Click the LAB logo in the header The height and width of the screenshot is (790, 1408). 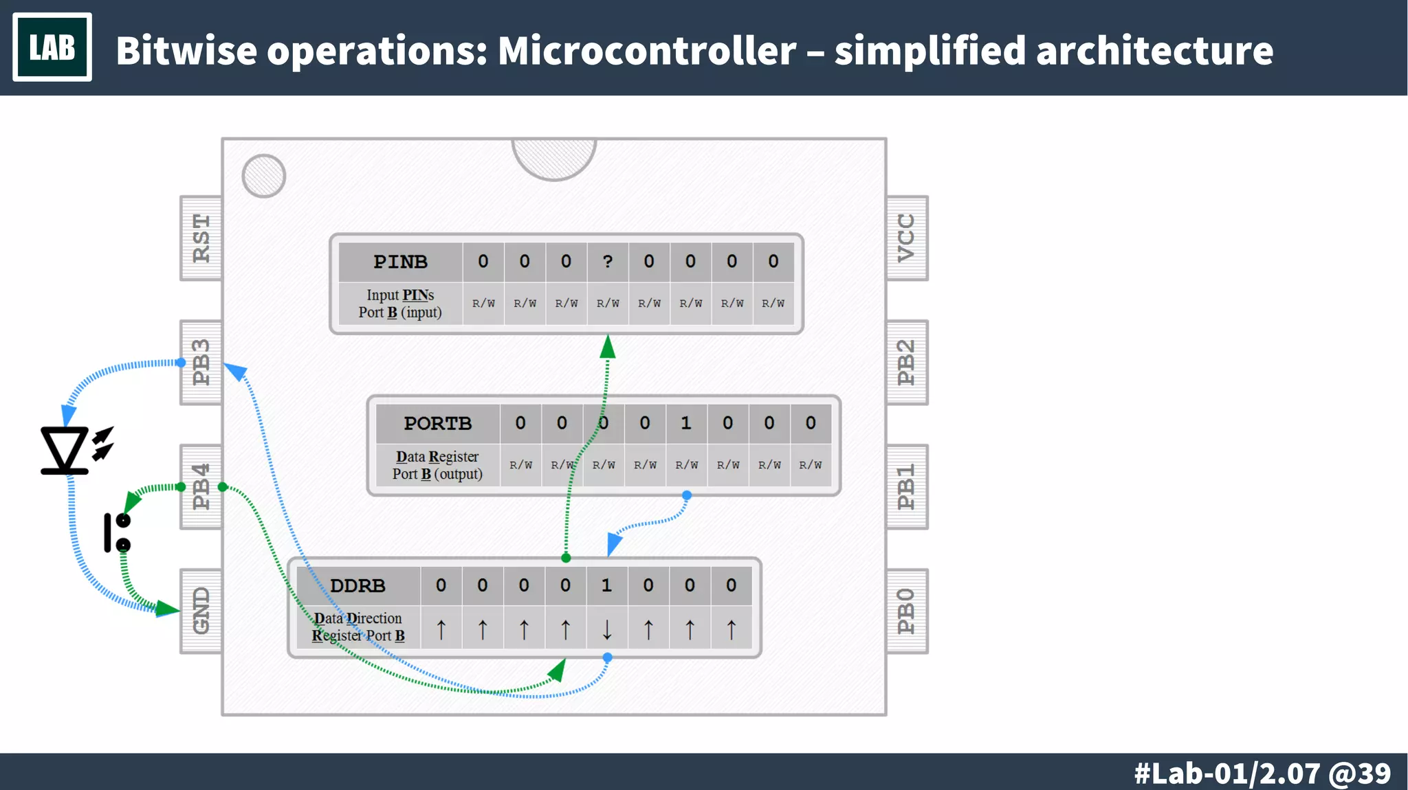52,47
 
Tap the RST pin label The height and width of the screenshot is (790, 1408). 201,238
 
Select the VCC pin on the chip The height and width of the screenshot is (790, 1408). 907,238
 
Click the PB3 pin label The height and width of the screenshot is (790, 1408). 201,363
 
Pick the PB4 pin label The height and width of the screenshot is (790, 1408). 201,487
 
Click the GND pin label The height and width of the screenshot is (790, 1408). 201,611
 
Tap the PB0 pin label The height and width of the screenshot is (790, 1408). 907,611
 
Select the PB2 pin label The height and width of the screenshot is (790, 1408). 907,363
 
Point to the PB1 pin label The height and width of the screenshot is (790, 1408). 907,487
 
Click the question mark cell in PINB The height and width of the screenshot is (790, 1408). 608,262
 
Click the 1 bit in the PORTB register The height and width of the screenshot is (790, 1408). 686,423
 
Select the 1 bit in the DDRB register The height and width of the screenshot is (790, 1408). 606,585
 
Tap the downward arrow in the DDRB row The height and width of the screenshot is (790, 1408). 606,629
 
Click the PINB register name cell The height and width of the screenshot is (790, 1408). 400,262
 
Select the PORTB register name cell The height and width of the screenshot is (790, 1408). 437,423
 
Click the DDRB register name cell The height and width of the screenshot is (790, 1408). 357,585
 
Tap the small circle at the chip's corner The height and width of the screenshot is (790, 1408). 264,176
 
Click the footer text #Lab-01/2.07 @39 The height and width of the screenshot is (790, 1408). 1262,773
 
